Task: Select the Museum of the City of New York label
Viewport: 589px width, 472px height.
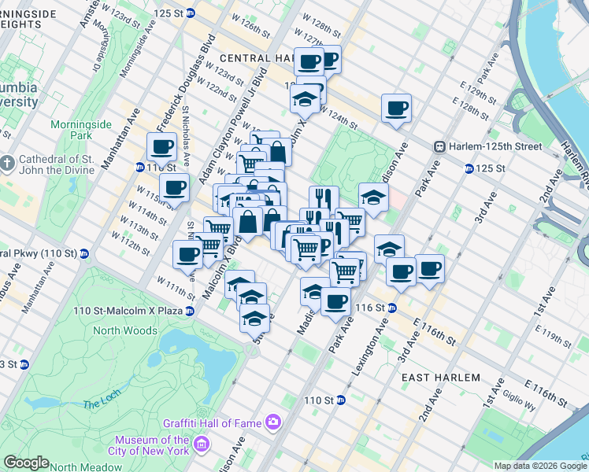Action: [151, 445]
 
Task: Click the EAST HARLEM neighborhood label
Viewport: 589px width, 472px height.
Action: [440, 378]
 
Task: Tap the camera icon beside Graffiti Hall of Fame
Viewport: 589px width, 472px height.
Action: [272, 422]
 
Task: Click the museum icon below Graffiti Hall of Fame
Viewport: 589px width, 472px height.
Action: [202, 446]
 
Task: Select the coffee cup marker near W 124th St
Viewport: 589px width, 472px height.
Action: [396, 109]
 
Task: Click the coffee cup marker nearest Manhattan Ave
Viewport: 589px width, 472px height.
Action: [162, 146]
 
